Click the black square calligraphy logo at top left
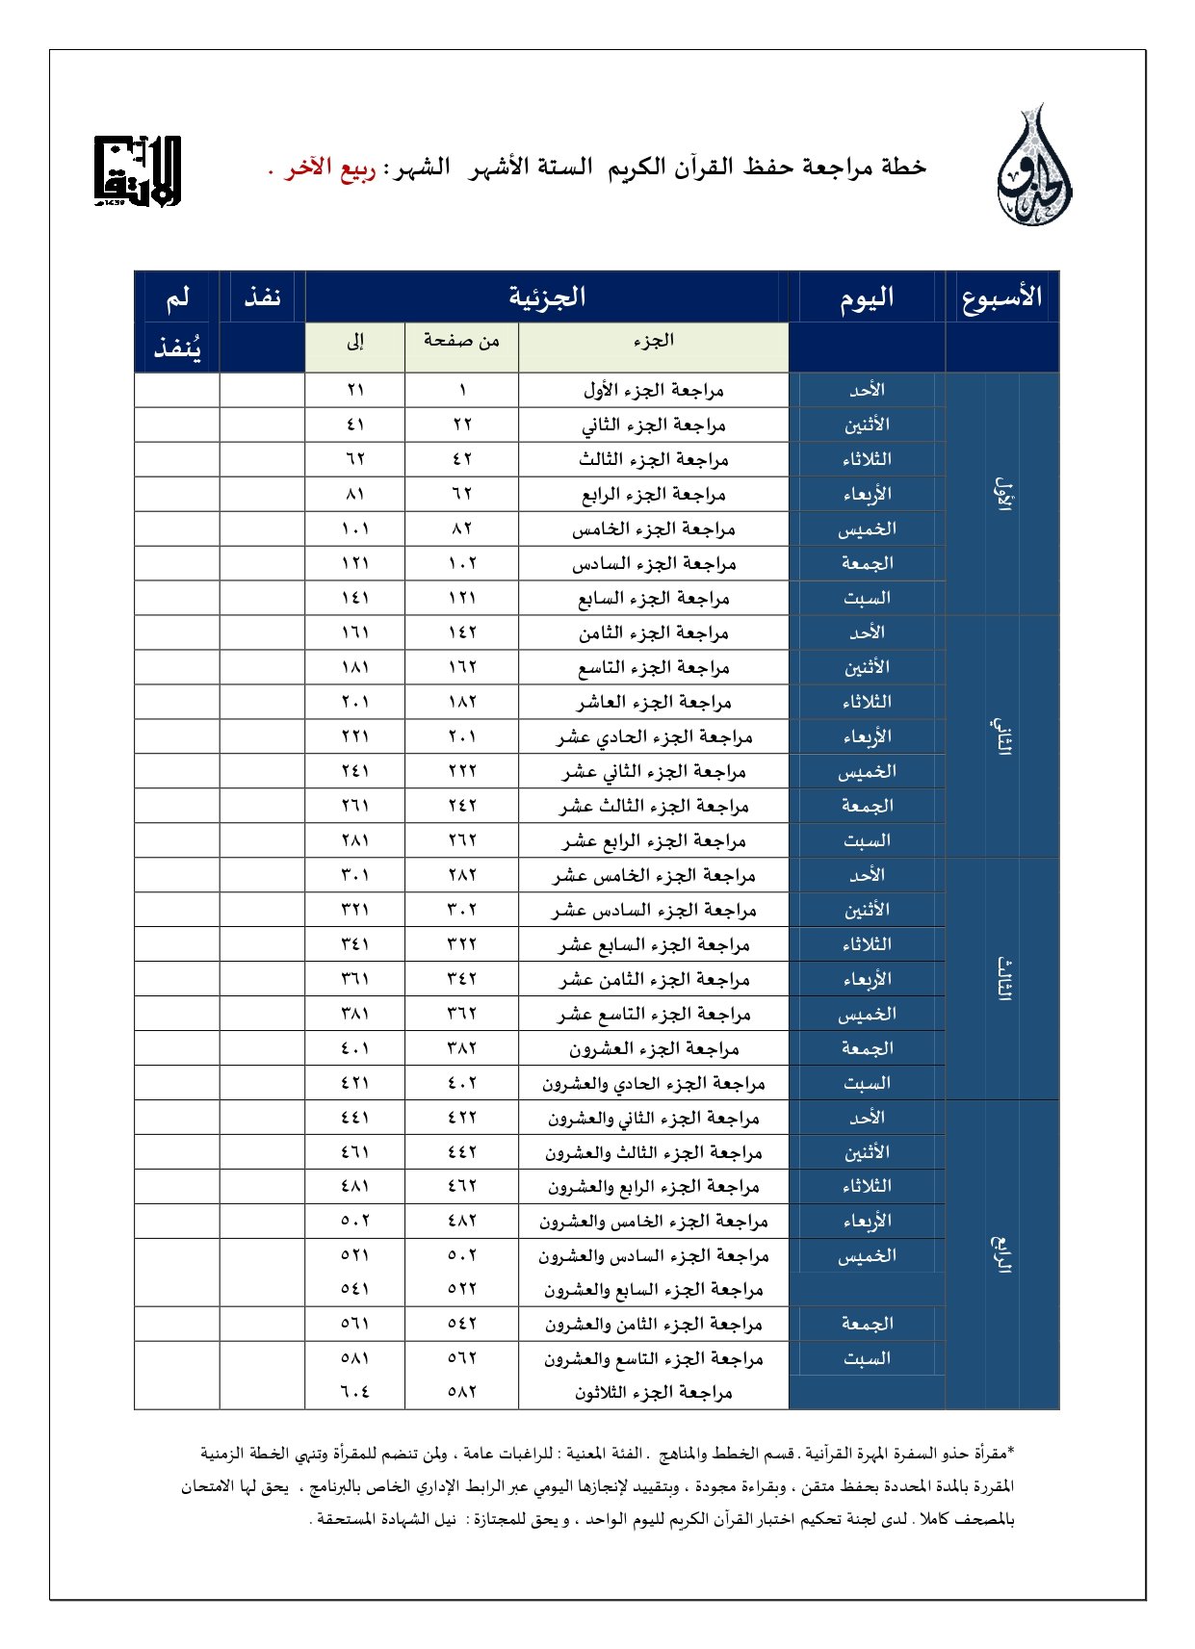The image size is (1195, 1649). [x=137, y=171]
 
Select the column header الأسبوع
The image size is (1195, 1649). [x=1001, y=296]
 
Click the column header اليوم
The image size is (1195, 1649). [x=867, y=297]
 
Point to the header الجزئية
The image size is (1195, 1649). [x=547, y=296]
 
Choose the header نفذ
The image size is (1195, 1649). [x=262, y=296]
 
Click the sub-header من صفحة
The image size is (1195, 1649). [x=461, y=341]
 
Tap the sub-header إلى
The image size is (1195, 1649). [x=355, y=341]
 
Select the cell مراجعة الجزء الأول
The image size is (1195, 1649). [x=653, y=390]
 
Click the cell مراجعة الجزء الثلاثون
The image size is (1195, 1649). [x=653, y=1392]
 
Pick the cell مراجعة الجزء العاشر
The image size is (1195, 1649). [x=653, y=702]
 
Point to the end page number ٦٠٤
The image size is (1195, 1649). [x=355, y=1392]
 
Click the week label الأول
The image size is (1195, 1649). [x=1002, y=494]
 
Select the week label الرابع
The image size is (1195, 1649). [x=1002, y=1254]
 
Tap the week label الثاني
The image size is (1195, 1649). [x=1002, y=736]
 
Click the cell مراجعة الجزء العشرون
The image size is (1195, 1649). [x=653, y=1048]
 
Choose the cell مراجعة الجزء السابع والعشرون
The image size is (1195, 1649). [x=653, y=1289]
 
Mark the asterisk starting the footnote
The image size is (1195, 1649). [x=1010, y=1450]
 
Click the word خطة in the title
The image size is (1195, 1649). [x=903, y=167]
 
